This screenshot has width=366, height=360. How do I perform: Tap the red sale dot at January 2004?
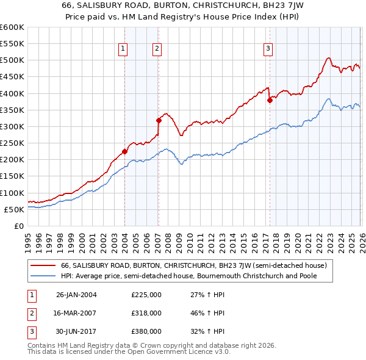124,151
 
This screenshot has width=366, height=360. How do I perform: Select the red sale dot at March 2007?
159,120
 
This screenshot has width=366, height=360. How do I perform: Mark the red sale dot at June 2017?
270,100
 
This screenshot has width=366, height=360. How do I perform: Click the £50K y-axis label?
14,209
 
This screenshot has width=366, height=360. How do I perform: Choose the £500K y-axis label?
12,60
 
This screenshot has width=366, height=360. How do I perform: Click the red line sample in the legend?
44,265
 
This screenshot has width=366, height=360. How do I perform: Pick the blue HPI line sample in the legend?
44,276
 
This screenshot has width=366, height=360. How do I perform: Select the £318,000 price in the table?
146,312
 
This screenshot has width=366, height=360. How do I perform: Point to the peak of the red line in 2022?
328,58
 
